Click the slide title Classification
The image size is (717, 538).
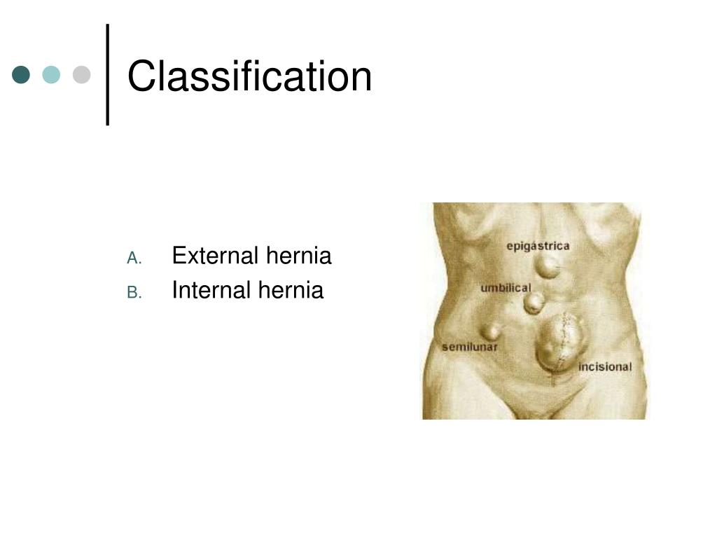click(249, 76)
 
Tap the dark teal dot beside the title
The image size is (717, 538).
click(22, 74)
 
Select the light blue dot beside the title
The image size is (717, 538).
click(51, 74)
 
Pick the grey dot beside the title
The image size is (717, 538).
click(82, 74)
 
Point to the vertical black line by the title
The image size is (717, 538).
click(108, 74)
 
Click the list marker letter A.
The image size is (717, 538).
click(134, 258)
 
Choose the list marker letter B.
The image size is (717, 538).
click(134, 293)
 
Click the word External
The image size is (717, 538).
click(215, 256)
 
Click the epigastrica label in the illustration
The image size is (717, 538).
click(538, 246)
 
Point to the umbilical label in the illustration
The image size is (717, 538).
click(506, 288)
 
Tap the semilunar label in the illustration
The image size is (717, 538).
click(470, 347)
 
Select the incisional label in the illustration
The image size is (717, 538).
click(604, 366)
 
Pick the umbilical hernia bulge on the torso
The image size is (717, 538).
click(534, 303)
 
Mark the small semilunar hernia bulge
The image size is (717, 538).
click(491, 330)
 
